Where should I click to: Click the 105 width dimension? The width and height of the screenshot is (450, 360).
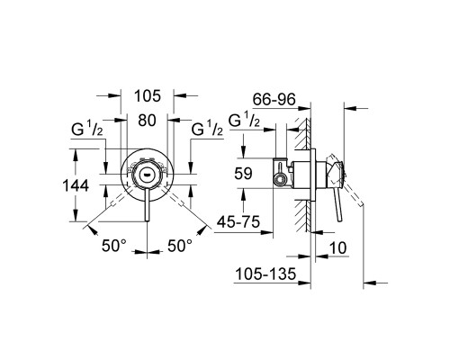pyautogui.click(x=148, y=95)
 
